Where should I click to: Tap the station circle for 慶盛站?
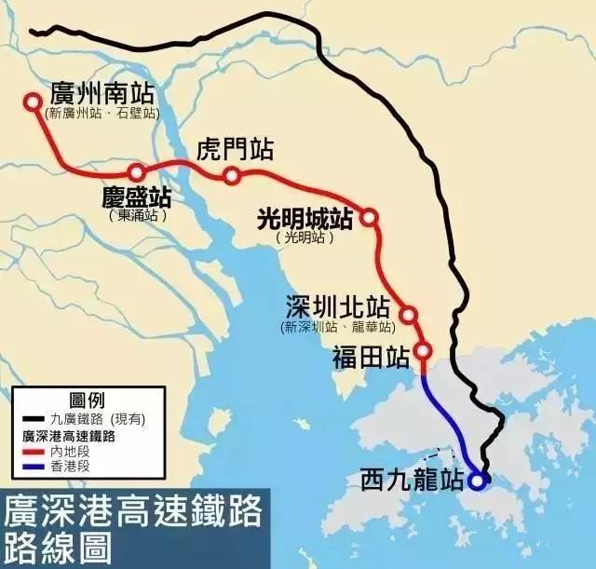(x=137, y=172)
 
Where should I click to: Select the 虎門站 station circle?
(x=232, y=176)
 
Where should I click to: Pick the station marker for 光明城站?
(x=369, y=217)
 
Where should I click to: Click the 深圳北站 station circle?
(x=408, y=315)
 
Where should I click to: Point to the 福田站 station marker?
(x=423, y=351)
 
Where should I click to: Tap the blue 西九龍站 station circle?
(x=477, y=481)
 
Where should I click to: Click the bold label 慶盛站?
(x=135, y=197)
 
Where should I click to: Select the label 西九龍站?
(x=411, y=481)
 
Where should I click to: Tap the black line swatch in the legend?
(x=34, y=419)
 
